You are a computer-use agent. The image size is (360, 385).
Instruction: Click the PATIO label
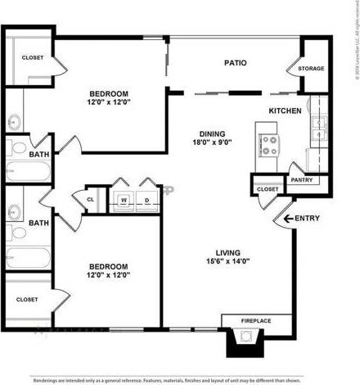(236, 62)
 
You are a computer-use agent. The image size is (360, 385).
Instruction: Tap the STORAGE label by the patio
(311, 69)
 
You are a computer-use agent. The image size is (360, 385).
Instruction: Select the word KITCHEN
(286, 111)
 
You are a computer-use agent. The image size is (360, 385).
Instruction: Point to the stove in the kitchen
(268, 147)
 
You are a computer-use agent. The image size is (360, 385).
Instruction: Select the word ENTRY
(307, 218)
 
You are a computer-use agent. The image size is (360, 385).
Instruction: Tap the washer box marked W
(124, 199)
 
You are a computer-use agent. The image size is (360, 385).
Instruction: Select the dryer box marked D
(147, 199)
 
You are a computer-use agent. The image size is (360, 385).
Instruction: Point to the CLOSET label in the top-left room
(33, 57)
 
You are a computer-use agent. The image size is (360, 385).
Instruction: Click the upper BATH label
(38, 154)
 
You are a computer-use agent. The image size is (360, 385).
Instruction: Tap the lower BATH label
(38, 223)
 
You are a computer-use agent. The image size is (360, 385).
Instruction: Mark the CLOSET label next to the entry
(267, 189)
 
